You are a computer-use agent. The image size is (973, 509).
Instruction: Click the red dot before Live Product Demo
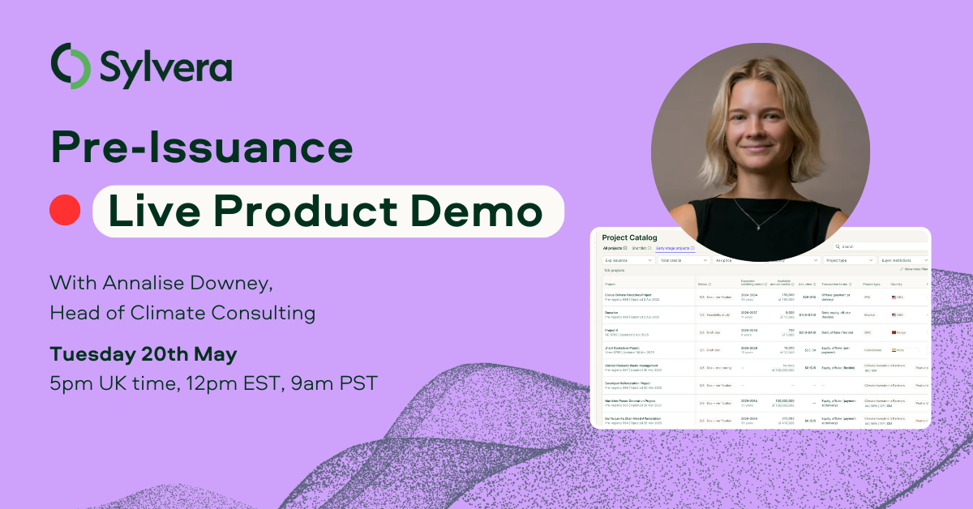click(x=65, y=211)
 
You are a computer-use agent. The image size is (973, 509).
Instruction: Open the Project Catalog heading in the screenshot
click(x=630, y=237)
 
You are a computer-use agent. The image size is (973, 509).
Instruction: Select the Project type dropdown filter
click(x=847, y=261)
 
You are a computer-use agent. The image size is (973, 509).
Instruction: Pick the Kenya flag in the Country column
click(x=894, y=331)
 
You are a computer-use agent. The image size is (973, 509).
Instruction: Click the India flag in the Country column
click(x=894, y=350)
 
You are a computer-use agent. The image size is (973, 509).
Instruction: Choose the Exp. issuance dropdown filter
click(x=628, y=261)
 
